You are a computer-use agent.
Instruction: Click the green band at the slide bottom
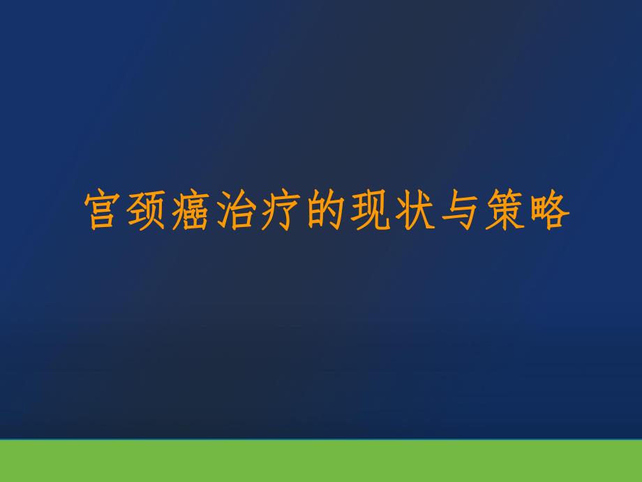coord(321,461)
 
